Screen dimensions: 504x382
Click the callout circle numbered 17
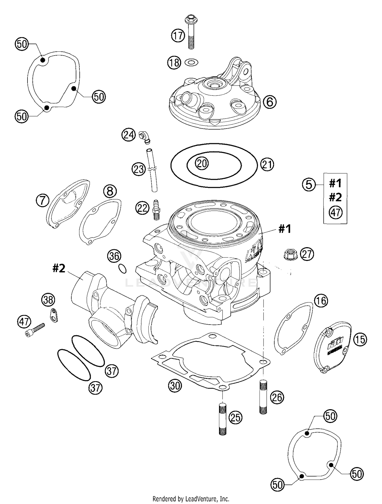[x=178, y=36]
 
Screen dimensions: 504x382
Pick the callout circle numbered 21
[x=267, y=164]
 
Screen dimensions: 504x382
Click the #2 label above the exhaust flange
[x=59, y=268]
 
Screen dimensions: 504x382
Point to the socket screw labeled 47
[x=35, y=330]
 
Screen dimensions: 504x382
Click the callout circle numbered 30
[x=175, y=386]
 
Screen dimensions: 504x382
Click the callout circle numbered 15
[x=360, y=339]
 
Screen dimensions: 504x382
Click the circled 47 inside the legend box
[x=336, y=212]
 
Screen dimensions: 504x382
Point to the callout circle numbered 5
[x=309, y=184]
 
